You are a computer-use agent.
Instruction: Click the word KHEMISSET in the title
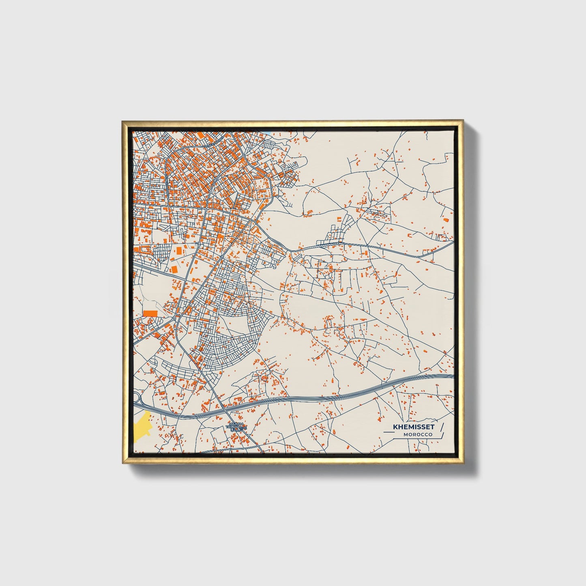click(x=413, y=427)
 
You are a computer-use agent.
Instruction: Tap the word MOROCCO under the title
click(x=418, y=435)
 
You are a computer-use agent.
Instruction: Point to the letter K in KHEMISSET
click(x=395, y=427)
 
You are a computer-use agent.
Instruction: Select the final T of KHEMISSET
click(x=432, y=427)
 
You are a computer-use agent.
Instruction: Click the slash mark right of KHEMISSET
click(x=442, y=427)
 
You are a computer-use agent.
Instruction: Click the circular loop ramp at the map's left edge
click(x=137, y=397)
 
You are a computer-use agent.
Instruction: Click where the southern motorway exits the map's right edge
click(x=453, y=376)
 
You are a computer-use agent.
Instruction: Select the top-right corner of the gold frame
click(x=463, y=121)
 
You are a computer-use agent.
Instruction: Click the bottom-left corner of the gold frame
click(x=123, y=463)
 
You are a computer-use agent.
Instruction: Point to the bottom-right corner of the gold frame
click(x=463, y=464)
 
